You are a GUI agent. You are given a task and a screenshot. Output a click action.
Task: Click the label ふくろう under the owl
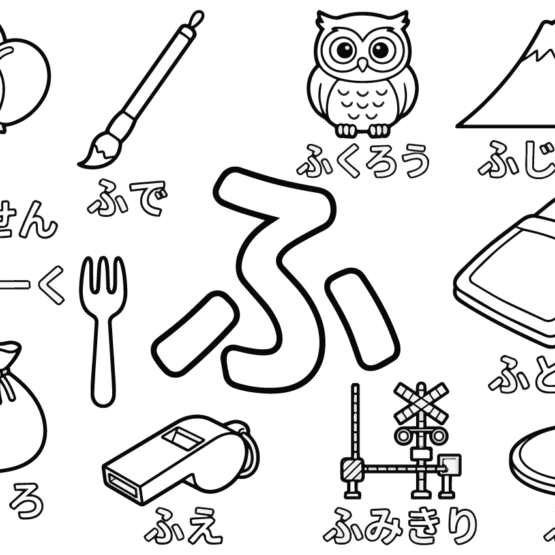(363, 161)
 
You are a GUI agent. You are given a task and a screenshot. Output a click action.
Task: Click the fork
(103, 326)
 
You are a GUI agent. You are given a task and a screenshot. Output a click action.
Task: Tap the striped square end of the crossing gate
(353, 468)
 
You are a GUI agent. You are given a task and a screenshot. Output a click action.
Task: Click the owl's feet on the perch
(362, 130)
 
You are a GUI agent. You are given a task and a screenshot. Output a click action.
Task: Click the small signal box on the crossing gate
(449, 465)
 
